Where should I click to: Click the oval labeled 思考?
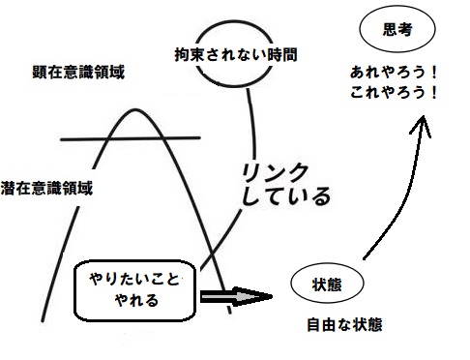[397, 30]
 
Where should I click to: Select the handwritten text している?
[286, 198]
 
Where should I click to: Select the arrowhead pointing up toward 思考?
[426, 120]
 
